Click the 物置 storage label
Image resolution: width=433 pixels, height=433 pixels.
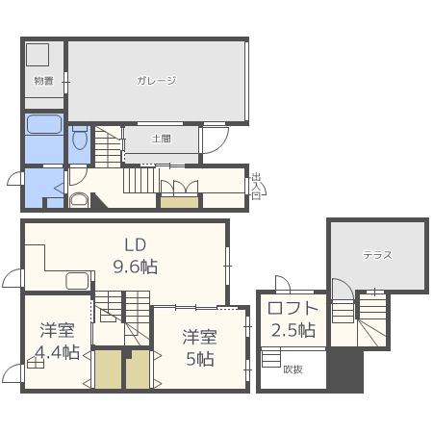pyautogui.click(x=43, y=81)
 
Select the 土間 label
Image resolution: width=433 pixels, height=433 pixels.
pyautogui.click(x=162, y=139)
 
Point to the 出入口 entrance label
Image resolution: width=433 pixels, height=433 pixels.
pyautogui.click(x=256, y=186)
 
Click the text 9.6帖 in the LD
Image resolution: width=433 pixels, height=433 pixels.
pyautogui.click(x=136, y=267)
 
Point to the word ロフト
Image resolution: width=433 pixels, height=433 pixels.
pyautogui.click(x=292, y=309)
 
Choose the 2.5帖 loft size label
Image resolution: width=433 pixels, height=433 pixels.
pyautogui.click(x=292, y=330)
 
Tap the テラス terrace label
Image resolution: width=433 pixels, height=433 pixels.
pyautogui.click(x=376, y=255)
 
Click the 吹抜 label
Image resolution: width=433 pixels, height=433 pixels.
pyautogui.click(x=293, y=369)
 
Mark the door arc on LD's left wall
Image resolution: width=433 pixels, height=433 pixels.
pyautogui.click(x=12, y=279)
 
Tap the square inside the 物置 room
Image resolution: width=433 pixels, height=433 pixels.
pyautogui.click(x=38, y=55)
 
